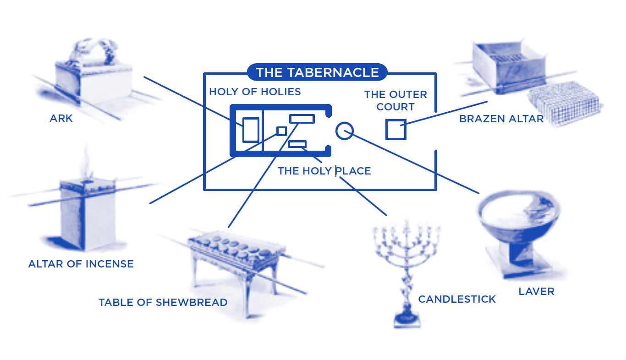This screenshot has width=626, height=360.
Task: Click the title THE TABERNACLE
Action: [317, 72]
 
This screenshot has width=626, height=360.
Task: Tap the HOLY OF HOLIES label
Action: [255, 92]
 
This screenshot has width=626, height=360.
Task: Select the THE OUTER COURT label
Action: [395, 101]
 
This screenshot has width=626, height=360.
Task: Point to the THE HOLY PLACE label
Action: [324, 171]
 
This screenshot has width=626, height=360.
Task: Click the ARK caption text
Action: [61, 118]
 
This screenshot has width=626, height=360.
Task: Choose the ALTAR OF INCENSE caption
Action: [81, 264]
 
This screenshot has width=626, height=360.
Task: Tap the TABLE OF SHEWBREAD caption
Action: [163, 302]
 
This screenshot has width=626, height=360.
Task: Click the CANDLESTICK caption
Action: [457, 299]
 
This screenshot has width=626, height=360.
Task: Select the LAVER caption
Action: [536, 291]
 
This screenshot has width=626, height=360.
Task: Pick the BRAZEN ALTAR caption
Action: [501, 119]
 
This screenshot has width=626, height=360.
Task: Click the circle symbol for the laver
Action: [344, 131]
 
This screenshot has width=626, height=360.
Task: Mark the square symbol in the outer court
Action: [395, 129]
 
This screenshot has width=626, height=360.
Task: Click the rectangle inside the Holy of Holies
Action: [251, 130]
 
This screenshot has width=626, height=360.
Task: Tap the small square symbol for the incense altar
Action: [281, 131]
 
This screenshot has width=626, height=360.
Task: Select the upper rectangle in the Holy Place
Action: [302, 119]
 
